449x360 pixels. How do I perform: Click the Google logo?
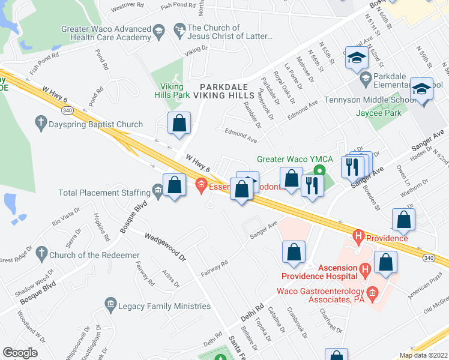(20, 353)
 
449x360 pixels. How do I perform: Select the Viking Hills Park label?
(171, 91)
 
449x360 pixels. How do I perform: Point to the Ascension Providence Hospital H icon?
(365, 271)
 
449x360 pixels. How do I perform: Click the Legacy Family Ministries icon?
(110, 305)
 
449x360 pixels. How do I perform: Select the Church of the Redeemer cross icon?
(41, 252)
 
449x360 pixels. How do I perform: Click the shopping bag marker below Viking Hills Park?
(179, 124)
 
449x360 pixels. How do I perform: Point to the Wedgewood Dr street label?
(164, 246)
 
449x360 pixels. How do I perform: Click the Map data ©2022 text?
(423, 355)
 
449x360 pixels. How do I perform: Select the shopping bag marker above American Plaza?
(385, 263)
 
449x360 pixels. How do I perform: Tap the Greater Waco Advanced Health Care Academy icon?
(158, 31)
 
